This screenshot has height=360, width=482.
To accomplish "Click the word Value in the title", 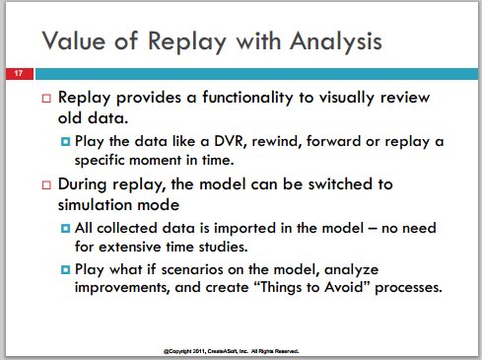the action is pyautogui.click(x=74, y=40).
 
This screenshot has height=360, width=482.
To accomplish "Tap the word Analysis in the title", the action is pyautogui.click(x=336, y=41).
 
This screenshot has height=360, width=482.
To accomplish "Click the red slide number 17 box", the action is pyautogui.click(x=20, y=74).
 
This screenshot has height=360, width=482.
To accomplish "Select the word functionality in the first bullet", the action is pyautogui.click(x=247, y=98).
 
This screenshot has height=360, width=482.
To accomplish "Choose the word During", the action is pyautogui.click(x=82, y=184).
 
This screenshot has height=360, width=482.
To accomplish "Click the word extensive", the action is pyautogui.click(x=130, y=247).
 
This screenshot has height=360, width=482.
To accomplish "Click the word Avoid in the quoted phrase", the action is pyautogui.click(x=344, y=287).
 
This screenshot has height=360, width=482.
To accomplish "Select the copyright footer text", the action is pyautogui.click(x=231, y=351).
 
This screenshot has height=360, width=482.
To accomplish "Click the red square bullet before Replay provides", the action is pyautogui.click(x=46, y=99).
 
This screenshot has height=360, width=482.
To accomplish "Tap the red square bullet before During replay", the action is pyautogui.click(x=46, y=185).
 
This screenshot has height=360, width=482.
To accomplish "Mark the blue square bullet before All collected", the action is pyautogui.click(x=66, y=228).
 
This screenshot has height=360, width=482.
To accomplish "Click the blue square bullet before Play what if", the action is pyautogui.click(x=66, y=270).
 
